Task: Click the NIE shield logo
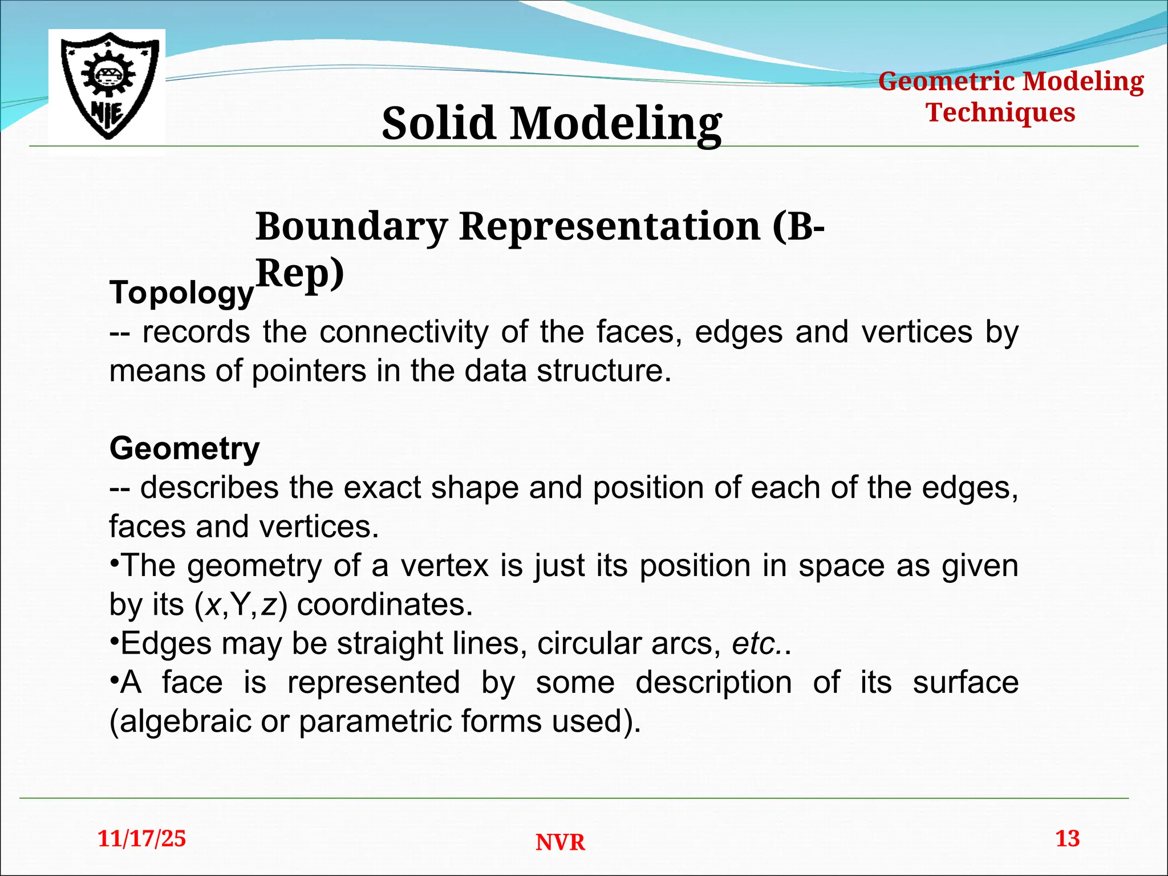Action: pyautogui.click(x=107, y=86)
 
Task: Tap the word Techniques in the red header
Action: pyautogui.click(x=1000, y=112)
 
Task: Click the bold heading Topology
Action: pyautogui.click(x=181, y=293)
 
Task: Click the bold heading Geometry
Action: pyautogui.click(x=184, y=448)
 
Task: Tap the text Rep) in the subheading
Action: pyautogui.click(x=300, y=274)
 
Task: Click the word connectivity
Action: pyautogui.click(x=403, y=332)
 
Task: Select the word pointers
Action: pyautogui.click(x=309, y=371)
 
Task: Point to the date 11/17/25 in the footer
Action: pyautogui.click(x=142, y=839)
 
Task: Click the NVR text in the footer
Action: pyautogui.click(x=560, y=842)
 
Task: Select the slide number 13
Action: pyautogui.click(x=1067, y=839)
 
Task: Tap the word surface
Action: pyautogui.click(x=965, y=683)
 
